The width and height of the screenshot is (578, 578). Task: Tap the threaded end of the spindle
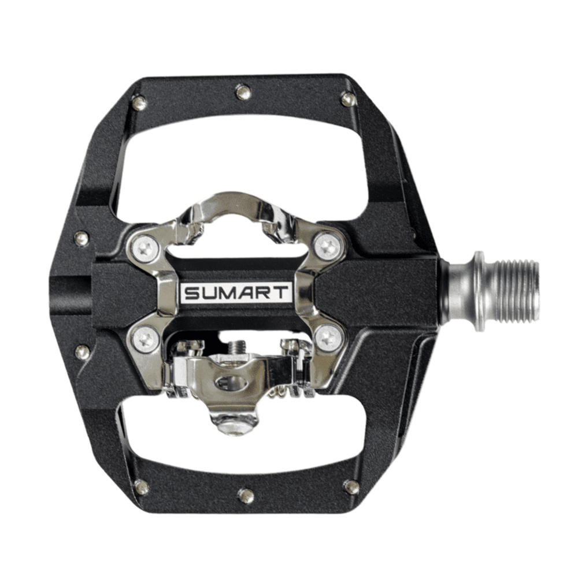516,290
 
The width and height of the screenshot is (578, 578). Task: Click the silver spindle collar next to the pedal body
462,290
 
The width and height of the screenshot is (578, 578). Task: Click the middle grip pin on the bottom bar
246,495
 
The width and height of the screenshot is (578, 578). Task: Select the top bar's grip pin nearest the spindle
349,99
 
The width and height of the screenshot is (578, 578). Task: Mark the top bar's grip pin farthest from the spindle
139,103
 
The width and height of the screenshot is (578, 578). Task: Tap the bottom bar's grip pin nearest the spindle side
351,487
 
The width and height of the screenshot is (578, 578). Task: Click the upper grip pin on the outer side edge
82,238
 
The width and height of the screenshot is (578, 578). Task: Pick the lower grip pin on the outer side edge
83,351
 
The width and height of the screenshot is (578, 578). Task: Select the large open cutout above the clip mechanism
243,156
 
